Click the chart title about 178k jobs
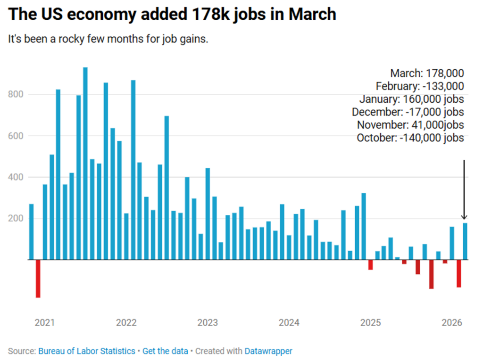(172, 15)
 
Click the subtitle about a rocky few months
(108, 39)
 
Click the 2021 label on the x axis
(45, 323)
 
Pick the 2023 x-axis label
(208, 323)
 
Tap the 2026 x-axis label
(452, 323)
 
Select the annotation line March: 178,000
(427, 73)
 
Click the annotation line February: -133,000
(420, 86)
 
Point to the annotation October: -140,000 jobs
(410, 138)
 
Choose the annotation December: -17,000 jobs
(408, 112)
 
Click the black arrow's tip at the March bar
(465, 219)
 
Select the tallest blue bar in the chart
(85, 163)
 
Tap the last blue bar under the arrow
(466, 241)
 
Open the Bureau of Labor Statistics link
(87, 351)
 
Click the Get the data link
(165, 351)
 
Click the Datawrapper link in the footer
(268, 351)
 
